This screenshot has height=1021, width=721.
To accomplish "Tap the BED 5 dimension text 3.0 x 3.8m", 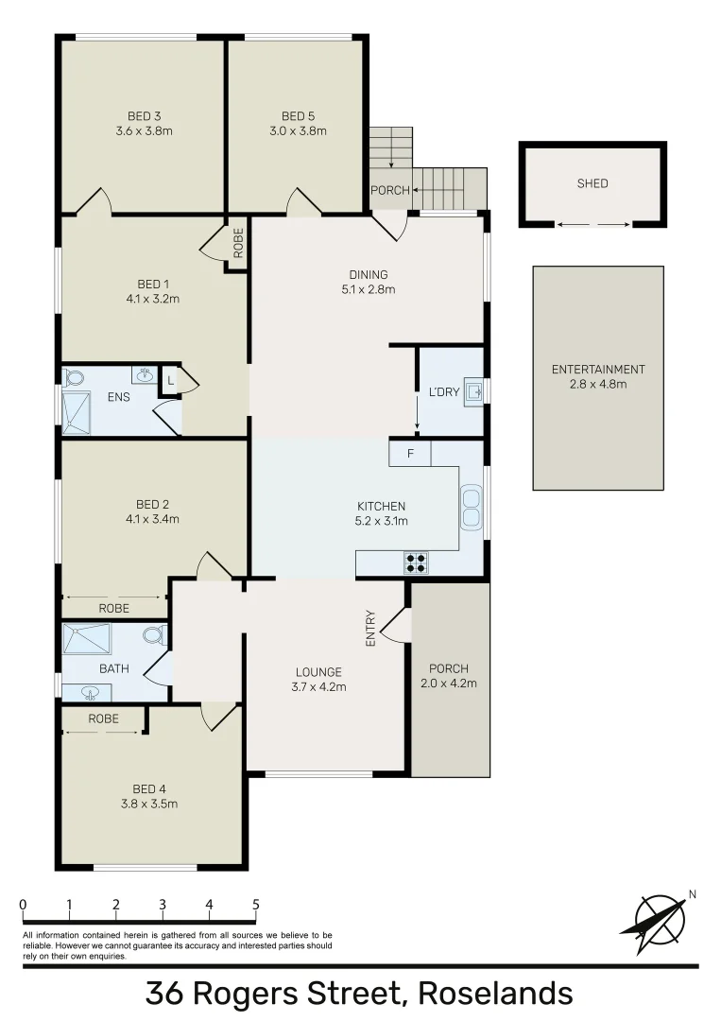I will [x=298, y=131].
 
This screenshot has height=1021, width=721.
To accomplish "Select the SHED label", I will [x=592, y=183].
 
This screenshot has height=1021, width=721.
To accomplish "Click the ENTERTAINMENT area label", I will [x=598, y=369].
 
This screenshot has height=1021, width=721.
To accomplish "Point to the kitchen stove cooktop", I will [x=416, y=563].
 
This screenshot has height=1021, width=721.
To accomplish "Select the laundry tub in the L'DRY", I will [x=473, y=391].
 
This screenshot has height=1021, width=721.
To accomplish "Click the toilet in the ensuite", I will [x=74, y=377].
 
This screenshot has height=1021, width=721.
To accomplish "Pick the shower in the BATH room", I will [x=87, y=639].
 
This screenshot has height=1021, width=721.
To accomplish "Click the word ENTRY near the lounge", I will [x=370, y=628].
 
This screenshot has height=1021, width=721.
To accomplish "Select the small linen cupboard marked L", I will [x=169, y=380].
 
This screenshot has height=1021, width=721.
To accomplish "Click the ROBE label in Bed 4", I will [x=104, y=718].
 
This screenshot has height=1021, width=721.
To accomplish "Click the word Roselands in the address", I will [x=495, y=994].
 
